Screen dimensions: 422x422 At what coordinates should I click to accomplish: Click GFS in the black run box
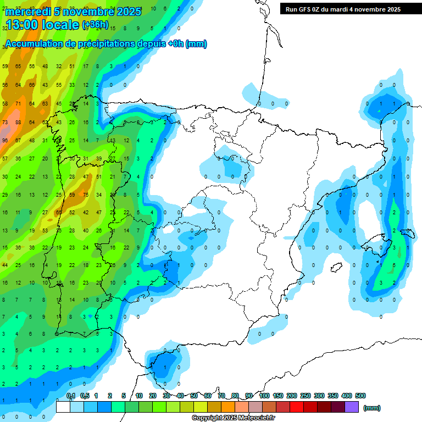click(x=305, y=9)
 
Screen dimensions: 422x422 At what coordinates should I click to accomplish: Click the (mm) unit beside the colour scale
click(x=372, y=408)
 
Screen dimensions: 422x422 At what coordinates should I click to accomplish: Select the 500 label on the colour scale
click(x=360, y=396)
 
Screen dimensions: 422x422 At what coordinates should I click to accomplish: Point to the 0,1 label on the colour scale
click(x=71, y=396)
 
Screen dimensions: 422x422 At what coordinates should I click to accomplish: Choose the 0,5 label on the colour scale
click(x=85, y=396)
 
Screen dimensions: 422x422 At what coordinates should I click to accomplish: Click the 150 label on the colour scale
click(x=278, y=396)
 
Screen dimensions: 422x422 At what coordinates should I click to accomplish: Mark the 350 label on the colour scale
click(x=333, y=396)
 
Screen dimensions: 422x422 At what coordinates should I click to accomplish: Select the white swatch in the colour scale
click(x=63, y=407)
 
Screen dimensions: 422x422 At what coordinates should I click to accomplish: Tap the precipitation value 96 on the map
click(x=5, y=140)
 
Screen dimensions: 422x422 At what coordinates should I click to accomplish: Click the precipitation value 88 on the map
click(x=18, y=122)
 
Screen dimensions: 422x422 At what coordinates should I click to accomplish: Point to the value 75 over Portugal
click(x=85, y=195)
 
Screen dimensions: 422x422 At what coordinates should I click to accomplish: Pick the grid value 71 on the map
click(x=18, y=103)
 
